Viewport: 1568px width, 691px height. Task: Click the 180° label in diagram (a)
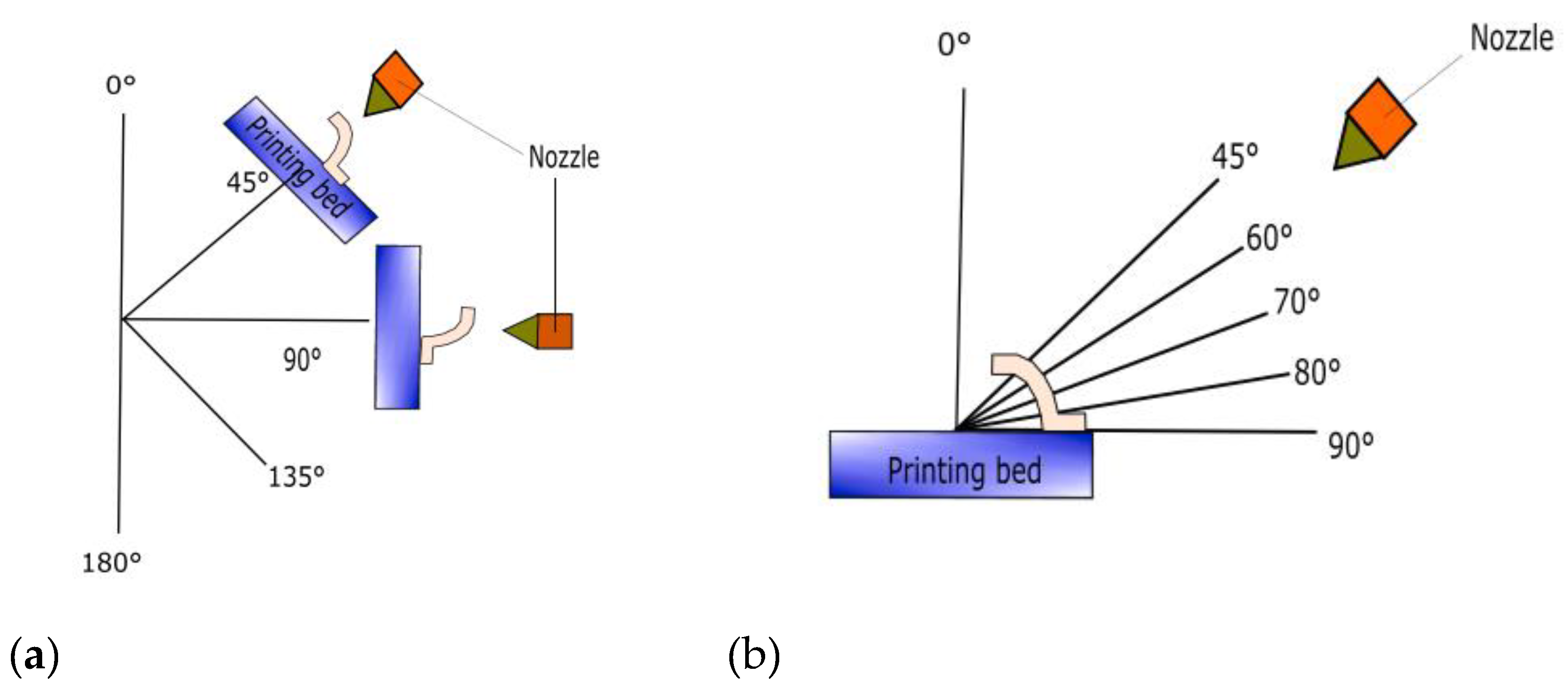(x=111, y=563)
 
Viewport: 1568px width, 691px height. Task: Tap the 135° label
(x=296, y=476)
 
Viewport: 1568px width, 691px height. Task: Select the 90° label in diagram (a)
(x=302, y=360)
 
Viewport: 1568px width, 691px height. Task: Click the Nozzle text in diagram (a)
(x=564, y=157)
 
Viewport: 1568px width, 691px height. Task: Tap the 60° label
(x=1268, y=237)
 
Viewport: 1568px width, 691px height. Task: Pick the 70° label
(x=1297, y=301)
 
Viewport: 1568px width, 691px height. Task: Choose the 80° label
(x=1317, y=372)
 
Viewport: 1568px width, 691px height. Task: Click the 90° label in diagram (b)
(x=1351, y=445)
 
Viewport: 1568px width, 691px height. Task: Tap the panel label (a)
(x=34, y=656)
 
